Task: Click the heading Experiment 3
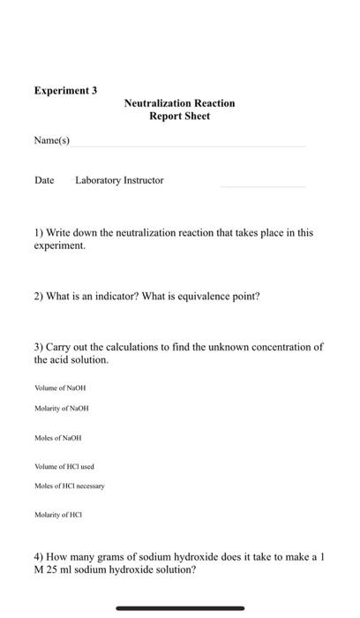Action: point(65,90)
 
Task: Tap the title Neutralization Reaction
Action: point(179,103)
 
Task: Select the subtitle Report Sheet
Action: point(179,117)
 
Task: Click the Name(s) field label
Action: point(52,140)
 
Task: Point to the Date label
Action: point(44,180)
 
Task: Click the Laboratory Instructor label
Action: point(120,180)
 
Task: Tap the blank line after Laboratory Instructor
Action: point(262,186)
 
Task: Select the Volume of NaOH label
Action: point(60,388)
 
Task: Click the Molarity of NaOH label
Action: point(62,408)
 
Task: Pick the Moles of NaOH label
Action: point(58,438)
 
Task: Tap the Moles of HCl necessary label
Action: point(70,486)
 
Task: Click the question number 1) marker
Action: point(39,233)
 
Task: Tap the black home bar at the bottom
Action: point(180,607)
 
